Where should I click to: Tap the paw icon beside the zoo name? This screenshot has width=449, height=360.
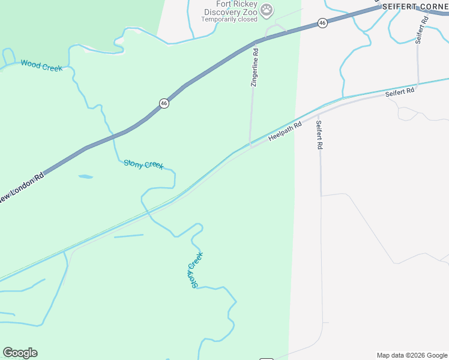[x=267, y=10]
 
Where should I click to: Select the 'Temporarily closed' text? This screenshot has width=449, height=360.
[x=229, y=19]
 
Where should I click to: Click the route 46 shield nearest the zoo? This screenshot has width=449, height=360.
[x=322, y=23]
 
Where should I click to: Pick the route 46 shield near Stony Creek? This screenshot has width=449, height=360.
[x=164, y=103]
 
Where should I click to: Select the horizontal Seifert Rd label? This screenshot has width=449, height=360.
[x=400, y=92]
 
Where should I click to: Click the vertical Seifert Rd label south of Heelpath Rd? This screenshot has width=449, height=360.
[x=319, y=135]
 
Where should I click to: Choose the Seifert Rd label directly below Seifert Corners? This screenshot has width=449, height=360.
[x=422, y=28]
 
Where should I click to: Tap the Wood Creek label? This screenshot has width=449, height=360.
[x=41, y=65]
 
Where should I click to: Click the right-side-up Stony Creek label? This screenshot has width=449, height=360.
[x=143, y=164]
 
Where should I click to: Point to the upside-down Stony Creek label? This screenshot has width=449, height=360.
[x=194, y=270]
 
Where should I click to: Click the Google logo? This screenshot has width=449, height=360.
[x=20, y=353]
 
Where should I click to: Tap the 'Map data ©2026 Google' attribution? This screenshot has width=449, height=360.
[x=412, y=355]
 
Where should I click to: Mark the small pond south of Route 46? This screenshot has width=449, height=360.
[x=85, y=177]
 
